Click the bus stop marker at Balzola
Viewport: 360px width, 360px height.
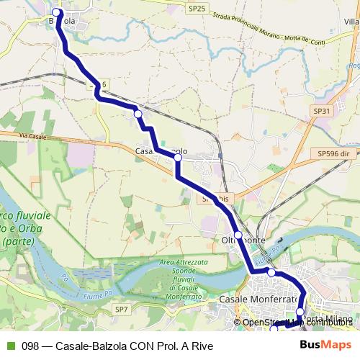point(57,12)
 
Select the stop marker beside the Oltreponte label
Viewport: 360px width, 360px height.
point(238,235)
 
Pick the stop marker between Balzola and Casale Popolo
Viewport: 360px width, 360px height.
point(137,113)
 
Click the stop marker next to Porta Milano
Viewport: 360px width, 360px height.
point(300,312)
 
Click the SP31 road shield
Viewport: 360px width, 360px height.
point(322,111)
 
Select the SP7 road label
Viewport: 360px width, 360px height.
point(122,310)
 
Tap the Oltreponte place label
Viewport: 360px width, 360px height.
point(243,240)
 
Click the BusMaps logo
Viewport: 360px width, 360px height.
point(325,346)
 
